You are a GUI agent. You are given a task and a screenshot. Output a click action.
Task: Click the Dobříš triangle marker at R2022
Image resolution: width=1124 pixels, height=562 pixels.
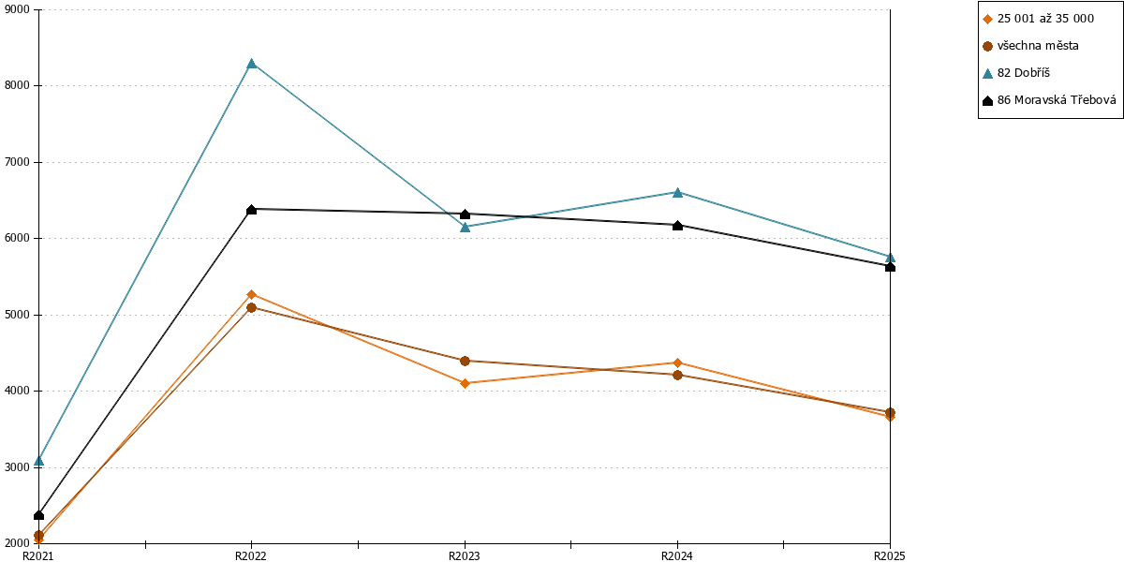(x=252, y=64)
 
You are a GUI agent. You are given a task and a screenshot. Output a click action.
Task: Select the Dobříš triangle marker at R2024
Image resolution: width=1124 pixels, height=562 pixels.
(x=677, y=192)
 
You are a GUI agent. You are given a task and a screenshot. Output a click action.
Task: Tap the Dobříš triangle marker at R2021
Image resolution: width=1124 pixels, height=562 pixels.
(x=39, y=461)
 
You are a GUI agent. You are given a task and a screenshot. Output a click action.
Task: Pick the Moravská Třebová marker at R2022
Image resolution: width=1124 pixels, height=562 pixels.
(x=252, y=209)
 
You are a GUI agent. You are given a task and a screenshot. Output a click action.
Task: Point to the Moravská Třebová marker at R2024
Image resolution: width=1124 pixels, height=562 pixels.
(x=677, y=226)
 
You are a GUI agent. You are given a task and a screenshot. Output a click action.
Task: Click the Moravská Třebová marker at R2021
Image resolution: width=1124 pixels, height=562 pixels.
(x=39, y=515)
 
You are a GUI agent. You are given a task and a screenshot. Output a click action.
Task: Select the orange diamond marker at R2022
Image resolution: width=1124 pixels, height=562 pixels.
(x=252, y=294)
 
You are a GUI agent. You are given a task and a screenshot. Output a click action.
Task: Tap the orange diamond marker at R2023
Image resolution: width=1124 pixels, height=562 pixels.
(x=465, y=383)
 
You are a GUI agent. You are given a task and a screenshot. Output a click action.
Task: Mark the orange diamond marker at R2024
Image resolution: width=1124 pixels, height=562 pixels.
(x=677, y=362)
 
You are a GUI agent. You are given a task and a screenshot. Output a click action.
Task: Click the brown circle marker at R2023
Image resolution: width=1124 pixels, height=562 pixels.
(x=465, y=361)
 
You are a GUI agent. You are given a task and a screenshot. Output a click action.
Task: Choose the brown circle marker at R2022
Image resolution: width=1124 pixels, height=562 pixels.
(x=252, y=307)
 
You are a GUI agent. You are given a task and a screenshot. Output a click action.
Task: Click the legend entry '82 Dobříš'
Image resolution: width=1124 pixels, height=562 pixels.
(x=1023, y=73)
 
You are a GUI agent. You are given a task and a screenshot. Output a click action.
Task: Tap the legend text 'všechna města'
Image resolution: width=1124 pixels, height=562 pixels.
(x=1038, y=46)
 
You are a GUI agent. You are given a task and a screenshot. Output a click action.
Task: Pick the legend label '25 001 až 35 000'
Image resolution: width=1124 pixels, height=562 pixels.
(x=1045, y=19)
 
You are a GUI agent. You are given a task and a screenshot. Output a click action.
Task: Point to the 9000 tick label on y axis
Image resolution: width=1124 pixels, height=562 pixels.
(x=17, y=9)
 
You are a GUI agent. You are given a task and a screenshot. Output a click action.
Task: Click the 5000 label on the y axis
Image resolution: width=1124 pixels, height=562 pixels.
(x=17, y=315)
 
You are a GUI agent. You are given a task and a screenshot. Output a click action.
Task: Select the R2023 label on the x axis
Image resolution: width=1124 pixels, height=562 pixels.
(x=465, y=555)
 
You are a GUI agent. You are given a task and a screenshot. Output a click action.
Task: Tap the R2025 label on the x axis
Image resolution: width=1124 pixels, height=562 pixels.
(x=890, y=555)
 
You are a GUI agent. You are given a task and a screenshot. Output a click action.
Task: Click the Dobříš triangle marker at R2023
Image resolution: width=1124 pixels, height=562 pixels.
(x=465, y=227)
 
